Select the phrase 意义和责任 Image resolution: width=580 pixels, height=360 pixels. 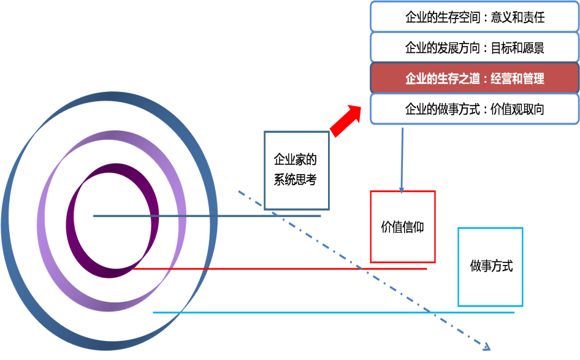518,17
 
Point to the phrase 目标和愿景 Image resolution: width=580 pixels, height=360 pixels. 518,48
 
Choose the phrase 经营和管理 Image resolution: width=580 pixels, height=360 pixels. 518,79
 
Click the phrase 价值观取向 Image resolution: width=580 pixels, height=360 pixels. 518,110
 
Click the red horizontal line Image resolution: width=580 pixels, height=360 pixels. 276,268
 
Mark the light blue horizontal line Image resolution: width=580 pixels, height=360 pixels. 331,312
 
